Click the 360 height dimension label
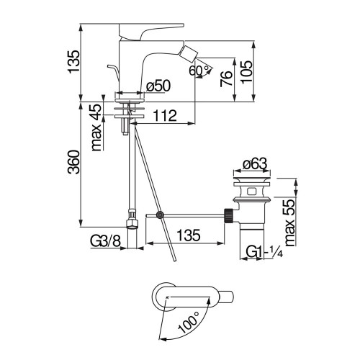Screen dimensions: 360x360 coord(73,162)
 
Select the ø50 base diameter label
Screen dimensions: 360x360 coord(158,86)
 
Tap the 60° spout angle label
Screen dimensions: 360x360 coord(199,71)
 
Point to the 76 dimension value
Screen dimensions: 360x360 coord(226,78)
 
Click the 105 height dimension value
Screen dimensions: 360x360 coord(247,72)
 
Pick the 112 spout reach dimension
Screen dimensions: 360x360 coord(165,116)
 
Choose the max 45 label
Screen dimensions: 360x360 coord(96,127)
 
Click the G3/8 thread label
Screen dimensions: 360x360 coord(105,240)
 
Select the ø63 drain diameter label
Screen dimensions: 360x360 coord(254,164)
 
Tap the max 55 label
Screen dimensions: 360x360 coord(289,222)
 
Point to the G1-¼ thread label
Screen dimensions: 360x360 coord(264,252)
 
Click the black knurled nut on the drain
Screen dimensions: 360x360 coord(228,216)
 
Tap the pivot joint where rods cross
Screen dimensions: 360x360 coord(159,215)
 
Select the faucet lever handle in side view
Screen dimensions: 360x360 coord(151,32)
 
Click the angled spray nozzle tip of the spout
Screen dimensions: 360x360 coord(191,53)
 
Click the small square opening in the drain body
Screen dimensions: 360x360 coord(252,192)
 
